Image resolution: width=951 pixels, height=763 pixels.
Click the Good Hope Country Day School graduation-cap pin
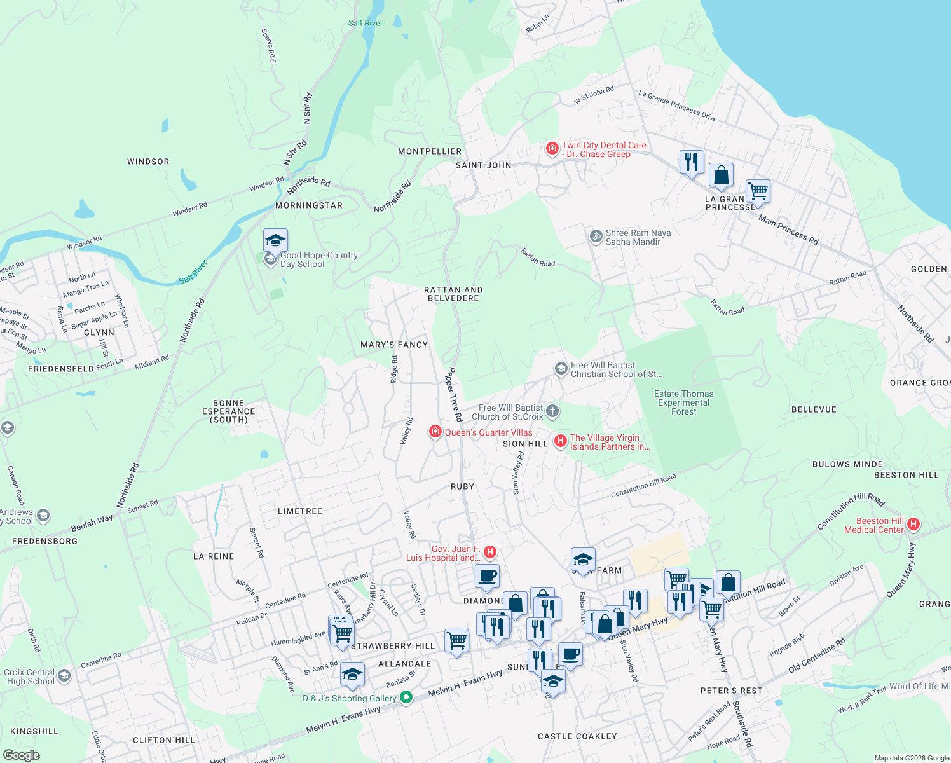(275, 241)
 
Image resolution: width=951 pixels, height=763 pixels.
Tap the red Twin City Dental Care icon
(552, 149)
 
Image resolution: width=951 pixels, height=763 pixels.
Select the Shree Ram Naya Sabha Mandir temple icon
(596, 237)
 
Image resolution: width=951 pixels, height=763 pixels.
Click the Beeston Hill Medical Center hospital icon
(913, 525)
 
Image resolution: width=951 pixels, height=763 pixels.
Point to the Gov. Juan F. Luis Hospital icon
(490, 552)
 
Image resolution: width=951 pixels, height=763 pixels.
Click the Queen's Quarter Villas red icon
(435, 432)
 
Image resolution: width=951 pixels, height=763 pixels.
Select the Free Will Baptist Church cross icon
(552, 411)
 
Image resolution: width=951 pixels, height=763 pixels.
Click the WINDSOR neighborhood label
(148, 162)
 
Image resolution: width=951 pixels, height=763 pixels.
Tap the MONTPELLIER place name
(430, 151)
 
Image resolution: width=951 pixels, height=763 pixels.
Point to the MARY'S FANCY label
(394, 345)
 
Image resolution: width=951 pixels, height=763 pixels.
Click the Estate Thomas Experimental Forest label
(684, 402)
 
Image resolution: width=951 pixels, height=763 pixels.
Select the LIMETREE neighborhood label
(300, 511)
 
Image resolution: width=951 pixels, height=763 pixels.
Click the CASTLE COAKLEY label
(577, 736)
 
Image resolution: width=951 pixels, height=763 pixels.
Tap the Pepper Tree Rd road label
(453, 394)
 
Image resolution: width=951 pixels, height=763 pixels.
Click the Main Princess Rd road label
(788, 230)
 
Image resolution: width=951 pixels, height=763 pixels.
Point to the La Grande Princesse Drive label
(678, 106)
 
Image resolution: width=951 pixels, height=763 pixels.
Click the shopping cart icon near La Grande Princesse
(758, 190)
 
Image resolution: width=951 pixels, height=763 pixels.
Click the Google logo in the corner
(21, 755)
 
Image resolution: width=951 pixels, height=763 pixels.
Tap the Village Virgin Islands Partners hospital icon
(560, 441)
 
